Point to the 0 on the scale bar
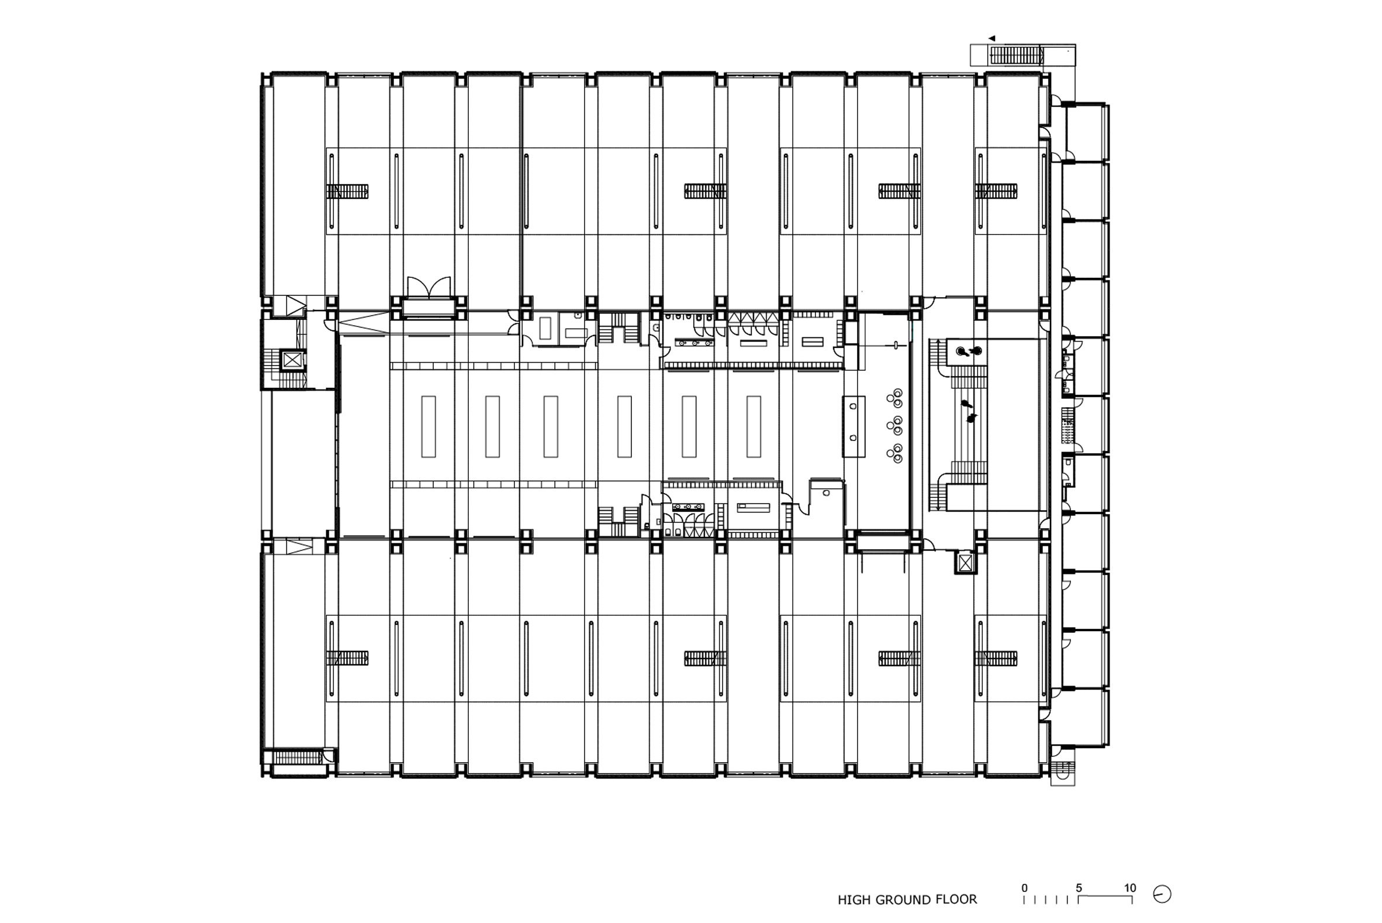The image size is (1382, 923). (x=1024, y=888)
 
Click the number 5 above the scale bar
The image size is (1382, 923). (x=1079, y=888)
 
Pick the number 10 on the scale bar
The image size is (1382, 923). (x=1129, y=888)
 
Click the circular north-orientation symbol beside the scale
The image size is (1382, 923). (x=1162, y=895)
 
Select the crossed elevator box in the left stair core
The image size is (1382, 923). (x=292, y=360)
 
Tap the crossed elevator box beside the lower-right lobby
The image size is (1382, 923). (x=965, y=563)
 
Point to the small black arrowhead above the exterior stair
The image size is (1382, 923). (x=991, y=38)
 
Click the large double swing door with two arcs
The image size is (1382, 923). (x=429, y=287)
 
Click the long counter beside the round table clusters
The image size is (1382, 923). (x=854, y=427)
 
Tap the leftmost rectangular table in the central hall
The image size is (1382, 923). (x=429, y=427)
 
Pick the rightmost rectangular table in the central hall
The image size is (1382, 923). (x=754, y=427)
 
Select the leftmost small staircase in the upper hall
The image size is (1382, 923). (x=347, y=191)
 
